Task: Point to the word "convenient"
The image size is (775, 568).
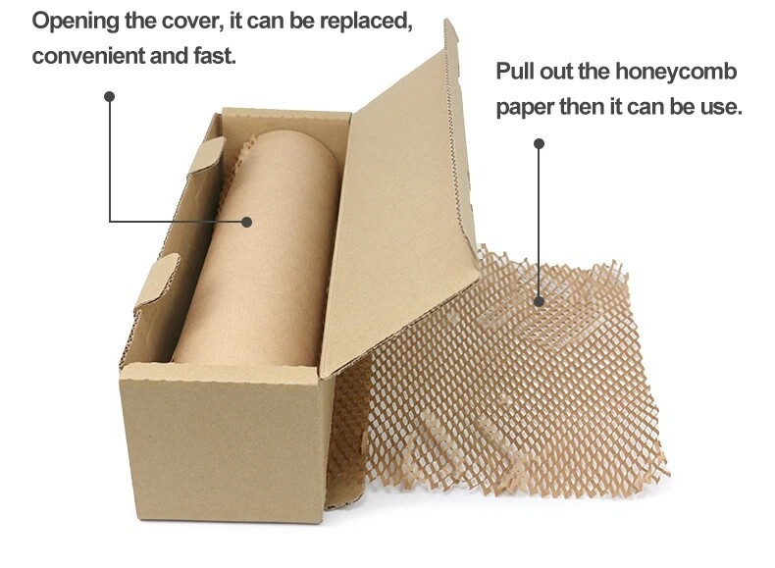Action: (86, 56)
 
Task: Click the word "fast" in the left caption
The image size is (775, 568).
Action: (213, 56)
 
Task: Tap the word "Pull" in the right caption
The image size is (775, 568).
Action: (516, 73)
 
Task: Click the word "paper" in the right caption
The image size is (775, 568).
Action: (525, 106)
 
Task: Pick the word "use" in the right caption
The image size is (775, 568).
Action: (722, 106)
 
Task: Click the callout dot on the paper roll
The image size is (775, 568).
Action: (247, 222)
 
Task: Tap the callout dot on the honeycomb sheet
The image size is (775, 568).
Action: (539, 301)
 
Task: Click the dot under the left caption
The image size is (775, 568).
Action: (110, 96)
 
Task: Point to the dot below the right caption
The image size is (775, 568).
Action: (539, 143)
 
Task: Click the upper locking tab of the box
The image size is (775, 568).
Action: (204, 156)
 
